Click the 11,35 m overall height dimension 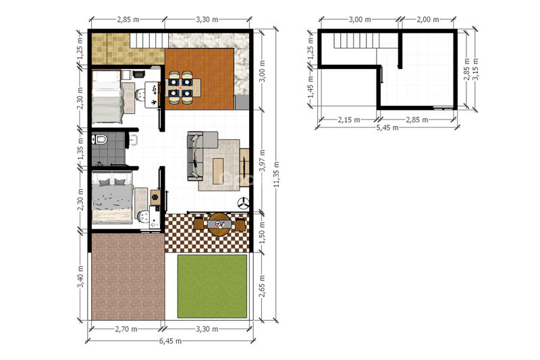click(277, 175)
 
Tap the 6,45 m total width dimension click(171, 341)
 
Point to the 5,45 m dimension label click(387, 128)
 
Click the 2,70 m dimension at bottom click(126, 329)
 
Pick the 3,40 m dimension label click(80, 277)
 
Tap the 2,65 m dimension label click(262, 286)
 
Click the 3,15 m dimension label click(476, 69)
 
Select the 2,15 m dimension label click(349, 120)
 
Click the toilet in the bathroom click(99, 140)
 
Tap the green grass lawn click(212, 286)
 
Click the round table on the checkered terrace click(219, 224)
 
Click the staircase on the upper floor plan click(356, 41)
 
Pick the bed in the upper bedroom click(107, 97)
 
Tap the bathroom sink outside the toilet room click(134, 140)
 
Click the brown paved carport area click(128, 277)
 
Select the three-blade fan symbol click(244, 203)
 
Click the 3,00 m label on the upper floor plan click(360, 20)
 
